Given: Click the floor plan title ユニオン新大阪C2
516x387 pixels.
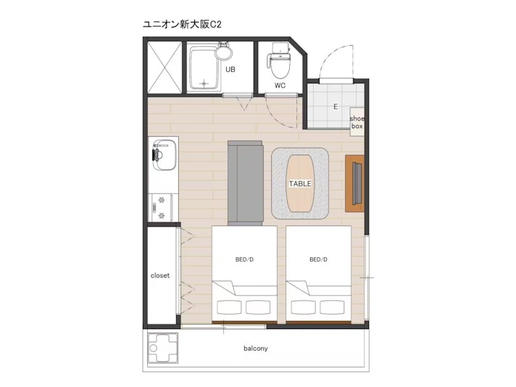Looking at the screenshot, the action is point(182,25).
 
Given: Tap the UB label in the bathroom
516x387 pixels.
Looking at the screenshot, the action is point(230,70).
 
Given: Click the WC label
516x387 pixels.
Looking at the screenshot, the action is point(280,86).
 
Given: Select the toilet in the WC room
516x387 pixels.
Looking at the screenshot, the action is point(279,59).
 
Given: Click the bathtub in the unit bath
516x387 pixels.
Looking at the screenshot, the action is point(204,68).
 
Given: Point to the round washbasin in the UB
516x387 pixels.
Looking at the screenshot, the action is point(224,52).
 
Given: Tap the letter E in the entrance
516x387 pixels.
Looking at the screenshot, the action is point(336,107).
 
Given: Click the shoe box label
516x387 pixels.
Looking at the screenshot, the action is point(357,122).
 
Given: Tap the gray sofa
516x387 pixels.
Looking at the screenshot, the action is point(245,183).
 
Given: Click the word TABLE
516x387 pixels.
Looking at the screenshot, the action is point(300,183).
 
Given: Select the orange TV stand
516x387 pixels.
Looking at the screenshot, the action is point(355,183).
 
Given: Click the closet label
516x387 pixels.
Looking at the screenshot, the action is point(160,275).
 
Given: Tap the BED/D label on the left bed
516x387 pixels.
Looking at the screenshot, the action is point(244,259).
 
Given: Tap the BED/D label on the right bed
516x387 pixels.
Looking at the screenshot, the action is point(319,259).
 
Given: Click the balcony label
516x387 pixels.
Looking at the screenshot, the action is point(256,348).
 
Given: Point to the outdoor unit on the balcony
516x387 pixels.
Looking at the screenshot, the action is point(162,348).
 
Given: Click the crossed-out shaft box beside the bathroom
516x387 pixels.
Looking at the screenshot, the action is point(165,67).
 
